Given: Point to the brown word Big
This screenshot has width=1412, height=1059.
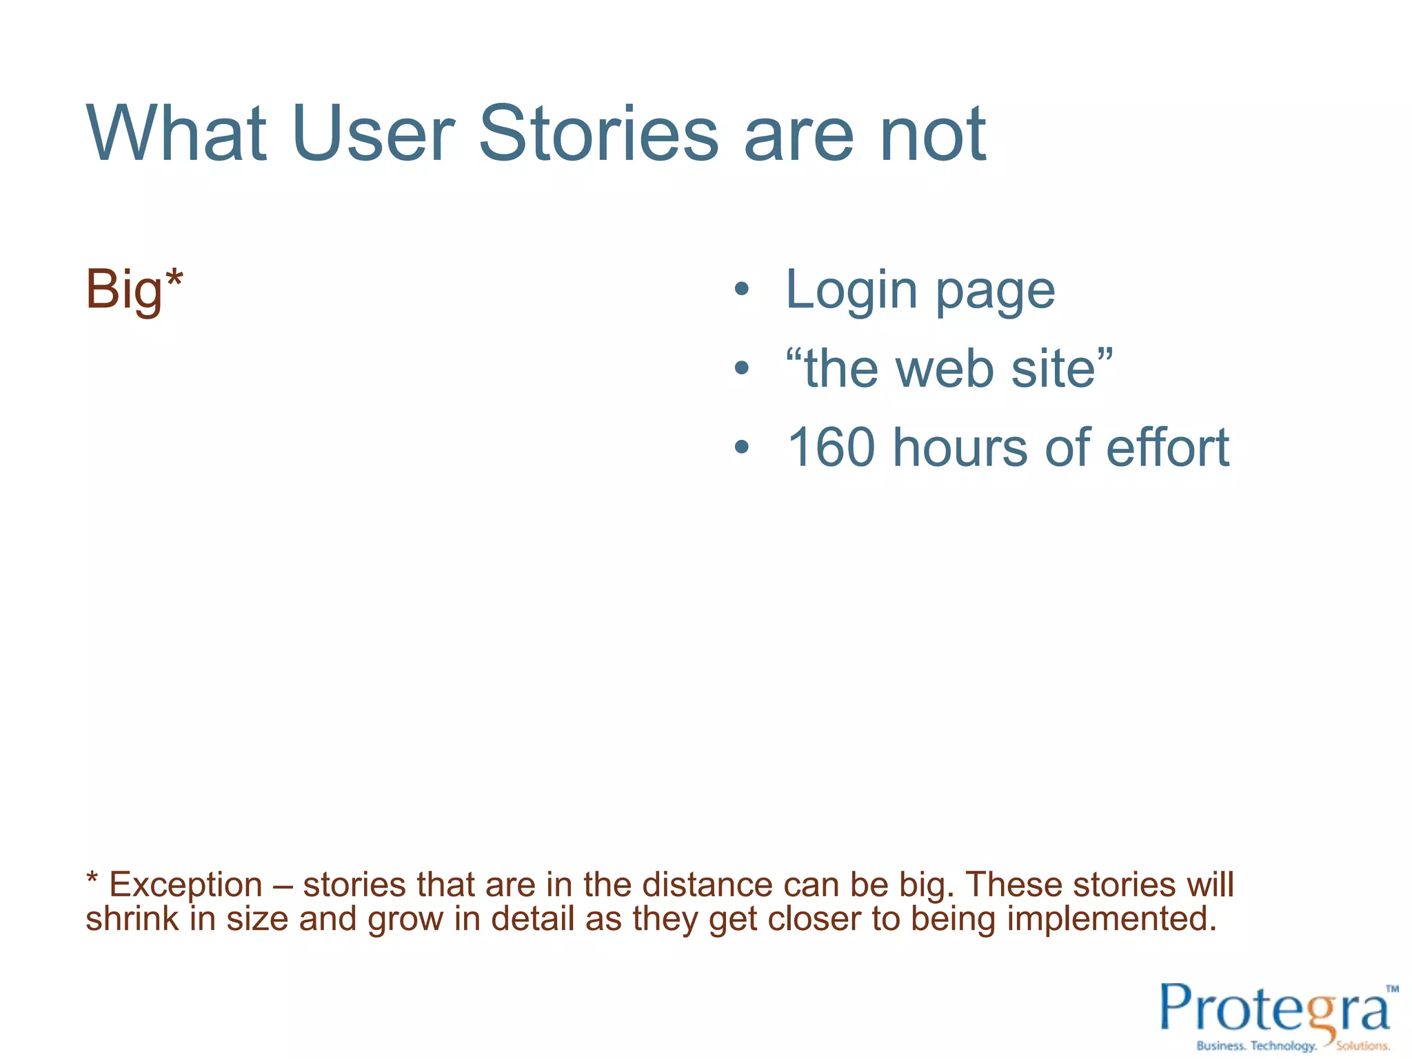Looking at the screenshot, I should pyautogui.click(x=125, y=290).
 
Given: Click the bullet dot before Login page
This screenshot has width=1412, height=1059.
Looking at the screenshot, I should pyautogui.click(x=741, y=290).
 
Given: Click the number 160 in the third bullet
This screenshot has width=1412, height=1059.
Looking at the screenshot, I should pyautogui.click(x=831, y=447).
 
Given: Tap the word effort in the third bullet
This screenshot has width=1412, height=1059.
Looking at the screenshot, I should pyautogui.click(x=1168, y=447).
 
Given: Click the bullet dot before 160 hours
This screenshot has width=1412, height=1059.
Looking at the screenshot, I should pyautogui.click(x=741, y=447).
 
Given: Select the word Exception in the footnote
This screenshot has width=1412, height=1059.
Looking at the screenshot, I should pyautogui.click(x=186, y=885).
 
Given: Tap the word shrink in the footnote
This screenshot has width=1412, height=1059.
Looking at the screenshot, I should pyautogui.click(x=132, y=918).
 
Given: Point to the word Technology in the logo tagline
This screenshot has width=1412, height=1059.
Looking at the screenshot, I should pyautogui.click(x=1283, y=1046).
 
